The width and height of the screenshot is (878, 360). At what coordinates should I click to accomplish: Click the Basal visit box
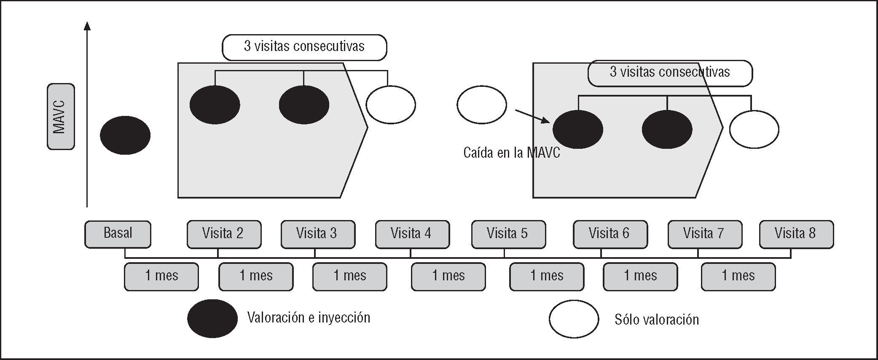118,234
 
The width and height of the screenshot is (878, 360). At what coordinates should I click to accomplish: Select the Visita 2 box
223,234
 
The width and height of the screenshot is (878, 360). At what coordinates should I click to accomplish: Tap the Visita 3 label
317,234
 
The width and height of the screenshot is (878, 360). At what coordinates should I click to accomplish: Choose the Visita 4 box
412,234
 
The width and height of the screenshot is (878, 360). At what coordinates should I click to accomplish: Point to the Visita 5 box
508,234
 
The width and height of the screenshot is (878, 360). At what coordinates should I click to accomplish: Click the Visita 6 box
609,234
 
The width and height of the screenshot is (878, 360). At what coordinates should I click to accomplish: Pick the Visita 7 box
704,234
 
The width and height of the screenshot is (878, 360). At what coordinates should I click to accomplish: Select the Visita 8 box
796,234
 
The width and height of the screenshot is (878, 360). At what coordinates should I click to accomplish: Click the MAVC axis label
60,116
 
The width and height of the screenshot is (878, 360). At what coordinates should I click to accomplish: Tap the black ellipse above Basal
125,135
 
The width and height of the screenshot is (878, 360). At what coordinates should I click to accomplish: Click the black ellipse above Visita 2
215,105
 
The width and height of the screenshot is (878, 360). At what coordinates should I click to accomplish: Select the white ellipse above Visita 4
390,105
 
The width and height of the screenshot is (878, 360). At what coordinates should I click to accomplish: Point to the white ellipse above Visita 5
481,105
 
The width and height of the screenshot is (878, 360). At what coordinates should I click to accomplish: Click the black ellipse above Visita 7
667,129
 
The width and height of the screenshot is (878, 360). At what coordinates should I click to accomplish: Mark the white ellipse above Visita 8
754,129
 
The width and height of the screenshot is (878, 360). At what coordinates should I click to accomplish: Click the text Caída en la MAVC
512,153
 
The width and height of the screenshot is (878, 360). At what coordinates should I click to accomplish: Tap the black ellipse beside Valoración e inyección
212,318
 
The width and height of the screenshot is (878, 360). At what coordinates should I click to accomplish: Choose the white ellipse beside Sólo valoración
574,319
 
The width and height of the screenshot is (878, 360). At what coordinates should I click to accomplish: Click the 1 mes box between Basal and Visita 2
161,277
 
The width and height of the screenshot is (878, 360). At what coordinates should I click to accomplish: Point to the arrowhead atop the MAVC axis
87,26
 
